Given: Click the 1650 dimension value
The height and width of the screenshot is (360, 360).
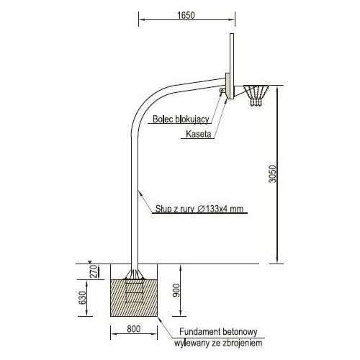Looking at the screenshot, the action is [186, 15].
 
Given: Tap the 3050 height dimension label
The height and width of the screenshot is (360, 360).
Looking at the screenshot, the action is [273, 174].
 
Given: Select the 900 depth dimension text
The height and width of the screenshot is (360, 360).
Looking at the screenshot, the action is [176, 290].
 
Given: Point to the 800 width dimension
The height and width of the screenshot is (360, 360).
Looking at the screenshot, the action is [134, 328].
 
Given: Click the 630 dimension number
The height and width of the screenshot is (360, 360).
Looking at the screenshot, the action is [82, 298].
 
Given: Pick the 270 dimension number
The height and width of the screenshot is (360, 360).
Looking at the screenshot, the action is [94, 271].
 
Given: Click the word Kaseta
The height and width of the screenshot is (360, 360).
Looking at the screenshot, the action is [199, 134].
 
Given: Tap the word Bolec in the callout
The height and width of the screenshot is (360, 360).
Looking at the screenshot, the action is [163, 119].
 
